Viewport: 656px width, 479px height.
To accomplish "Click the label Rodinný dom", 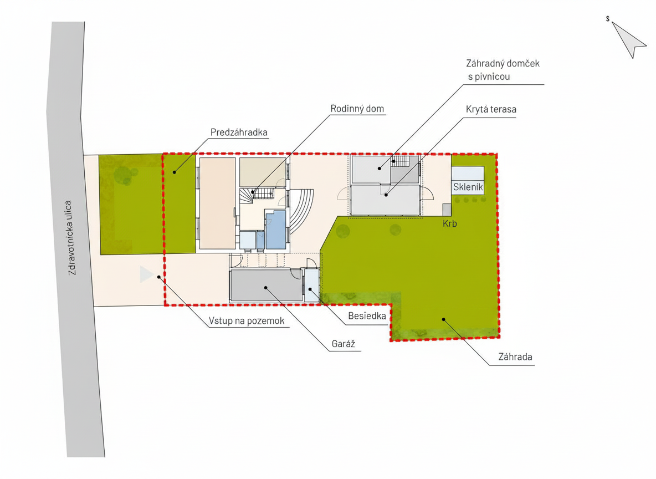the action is click(x=357, y=109).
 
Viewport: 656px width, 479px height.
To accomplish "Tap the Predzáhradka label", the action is click(x=239, y=133).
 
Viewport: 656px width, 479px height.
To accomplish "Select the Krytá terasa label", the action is click(x=491, y=109).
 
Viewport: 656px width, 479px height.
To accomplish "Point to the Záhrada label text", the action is click(x=515, y=356).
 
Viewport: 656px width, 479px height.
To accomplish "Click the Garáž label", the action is click(x=344, y=344).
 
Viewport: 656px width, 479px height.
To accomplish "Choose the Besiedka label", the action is click(x=367, y=315).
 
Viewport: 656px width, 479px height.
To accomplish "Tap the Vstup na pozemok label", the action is click(x=247, y=321).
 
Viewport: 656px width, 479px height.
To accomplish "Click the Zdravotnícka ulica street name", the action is click(x=72, y=237).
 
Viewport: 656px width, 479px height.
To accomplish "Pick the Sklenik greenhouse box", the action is click(x=468, y=180).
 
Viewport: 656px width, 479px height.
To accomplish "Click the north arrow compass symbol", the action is click(x=628, y=38).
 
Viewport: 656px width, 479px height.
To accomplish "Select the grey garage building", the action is click(x=266, y=285).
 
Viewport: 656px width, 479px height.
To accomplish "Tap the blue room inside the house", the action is click(x=276, y=230).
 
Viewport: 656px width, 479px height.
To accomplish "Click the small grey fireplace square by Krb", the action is click(x=447, y=210).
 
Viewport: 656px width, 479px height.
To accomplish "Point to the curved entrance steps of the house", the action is click(x=303, y=211).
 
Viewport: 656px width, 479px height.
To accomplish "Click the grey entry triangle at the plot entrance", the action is click(x=146, y=274).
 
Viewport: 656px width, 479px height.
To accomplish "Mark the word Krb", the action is click(x=450, y=223).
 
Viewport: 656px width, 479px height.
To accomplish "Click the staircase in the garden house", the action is click(x=400, y=162).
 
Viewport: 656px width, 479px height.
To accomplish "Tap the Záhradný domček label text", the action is click(x=503, y=64).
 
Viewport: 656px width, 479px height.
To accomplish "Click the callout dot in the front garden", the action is click(x=175, y=172).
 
